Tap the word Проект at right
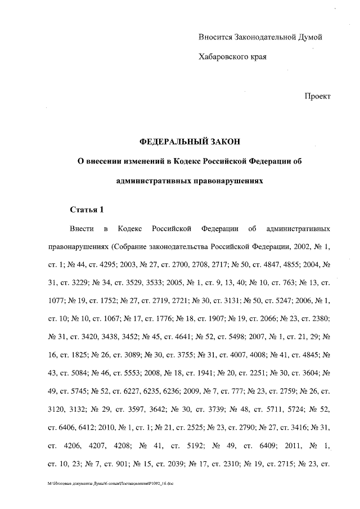(317, 96)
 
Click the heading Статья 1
(87, 210)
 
